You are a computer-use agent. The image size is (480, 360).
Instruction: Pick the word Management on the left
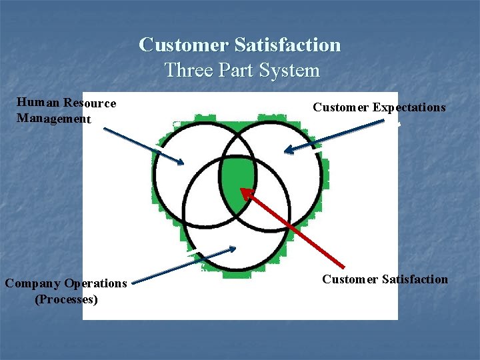(x=53, y=119)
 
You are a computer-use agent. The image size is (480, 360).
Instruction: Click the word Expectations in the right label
(x=409, y=107)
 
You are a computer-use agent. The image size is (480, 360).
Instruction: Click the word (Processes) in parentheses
(x=66, y=299)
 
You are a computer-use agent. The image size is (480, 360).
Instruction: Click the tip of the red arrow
(x=242, y=190)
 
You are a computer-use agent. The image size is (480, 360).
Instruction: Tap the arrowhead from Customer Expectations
(x=287, y=152)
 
